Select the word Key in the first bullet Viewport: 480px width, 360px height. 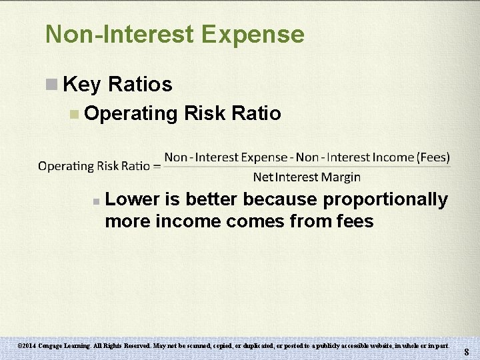[x=81, y=85]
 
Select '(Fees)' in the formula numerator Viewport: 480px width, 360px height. [x=433, y=157]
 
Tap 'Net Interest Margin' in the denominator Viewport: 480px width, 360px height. [x=307, y=177]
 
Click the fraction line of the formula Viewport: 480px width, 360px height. [x=307, y=167]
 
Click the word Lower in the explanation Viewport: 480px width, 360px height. [x=135, y=199]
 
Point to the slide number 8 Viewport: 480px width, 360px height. [x=467, y=351]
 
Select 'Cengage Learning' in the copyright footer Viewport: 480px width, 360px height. [x=67, y=347]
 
